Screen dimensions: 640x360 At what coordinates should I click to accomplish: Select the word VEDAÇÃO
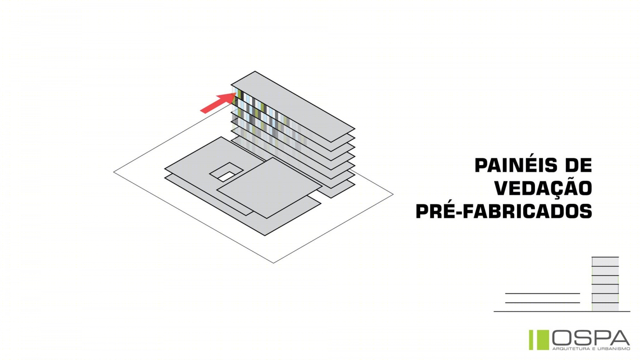[543, 188]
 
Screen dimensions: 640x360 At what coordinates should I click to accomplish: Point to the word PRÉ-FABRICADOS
[504, 211]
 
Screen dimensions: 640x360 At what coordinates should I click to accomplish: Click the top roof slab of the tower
[293, 106]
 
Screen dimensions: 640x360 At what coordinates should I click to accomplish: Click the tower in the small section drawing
[605, 284]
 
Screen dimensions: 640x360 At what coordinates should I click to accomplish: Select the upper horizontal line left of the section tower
[543, 293]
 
